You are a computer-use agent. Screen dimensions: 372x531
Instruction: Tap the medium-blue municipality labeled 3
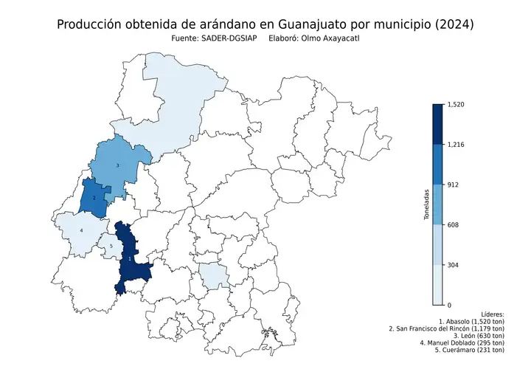click(x=118, y=164)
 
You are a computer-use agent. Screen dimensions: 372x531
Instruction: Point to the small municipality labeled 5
click(x=111, y=247)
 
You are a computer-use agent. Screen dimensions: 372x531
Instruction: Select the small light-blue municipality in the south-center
click(x=214, y=278)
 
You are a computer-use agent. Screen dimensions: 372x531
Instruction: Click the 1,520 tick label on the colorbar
click(x=457, y=105)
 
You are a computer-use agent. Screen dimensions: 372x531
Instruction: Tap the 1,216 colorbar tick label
click(x=457, y=145)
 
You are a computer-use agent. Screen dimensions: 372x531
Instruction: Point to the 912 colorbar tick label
click(x=454, y=185)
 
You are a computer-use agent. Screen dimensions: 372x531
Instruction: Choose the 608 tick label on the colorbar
click(x=454, y=224)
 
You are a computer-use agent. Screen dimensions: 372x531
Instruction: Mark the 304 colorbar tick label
click(x=454, y=264)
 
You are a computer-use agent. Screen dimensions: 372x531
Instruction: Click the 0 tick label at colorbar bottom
click(x=450, y=304)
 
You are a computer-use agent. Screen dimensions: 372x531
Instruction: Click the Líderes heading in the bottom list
click(x=492, y=314)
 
